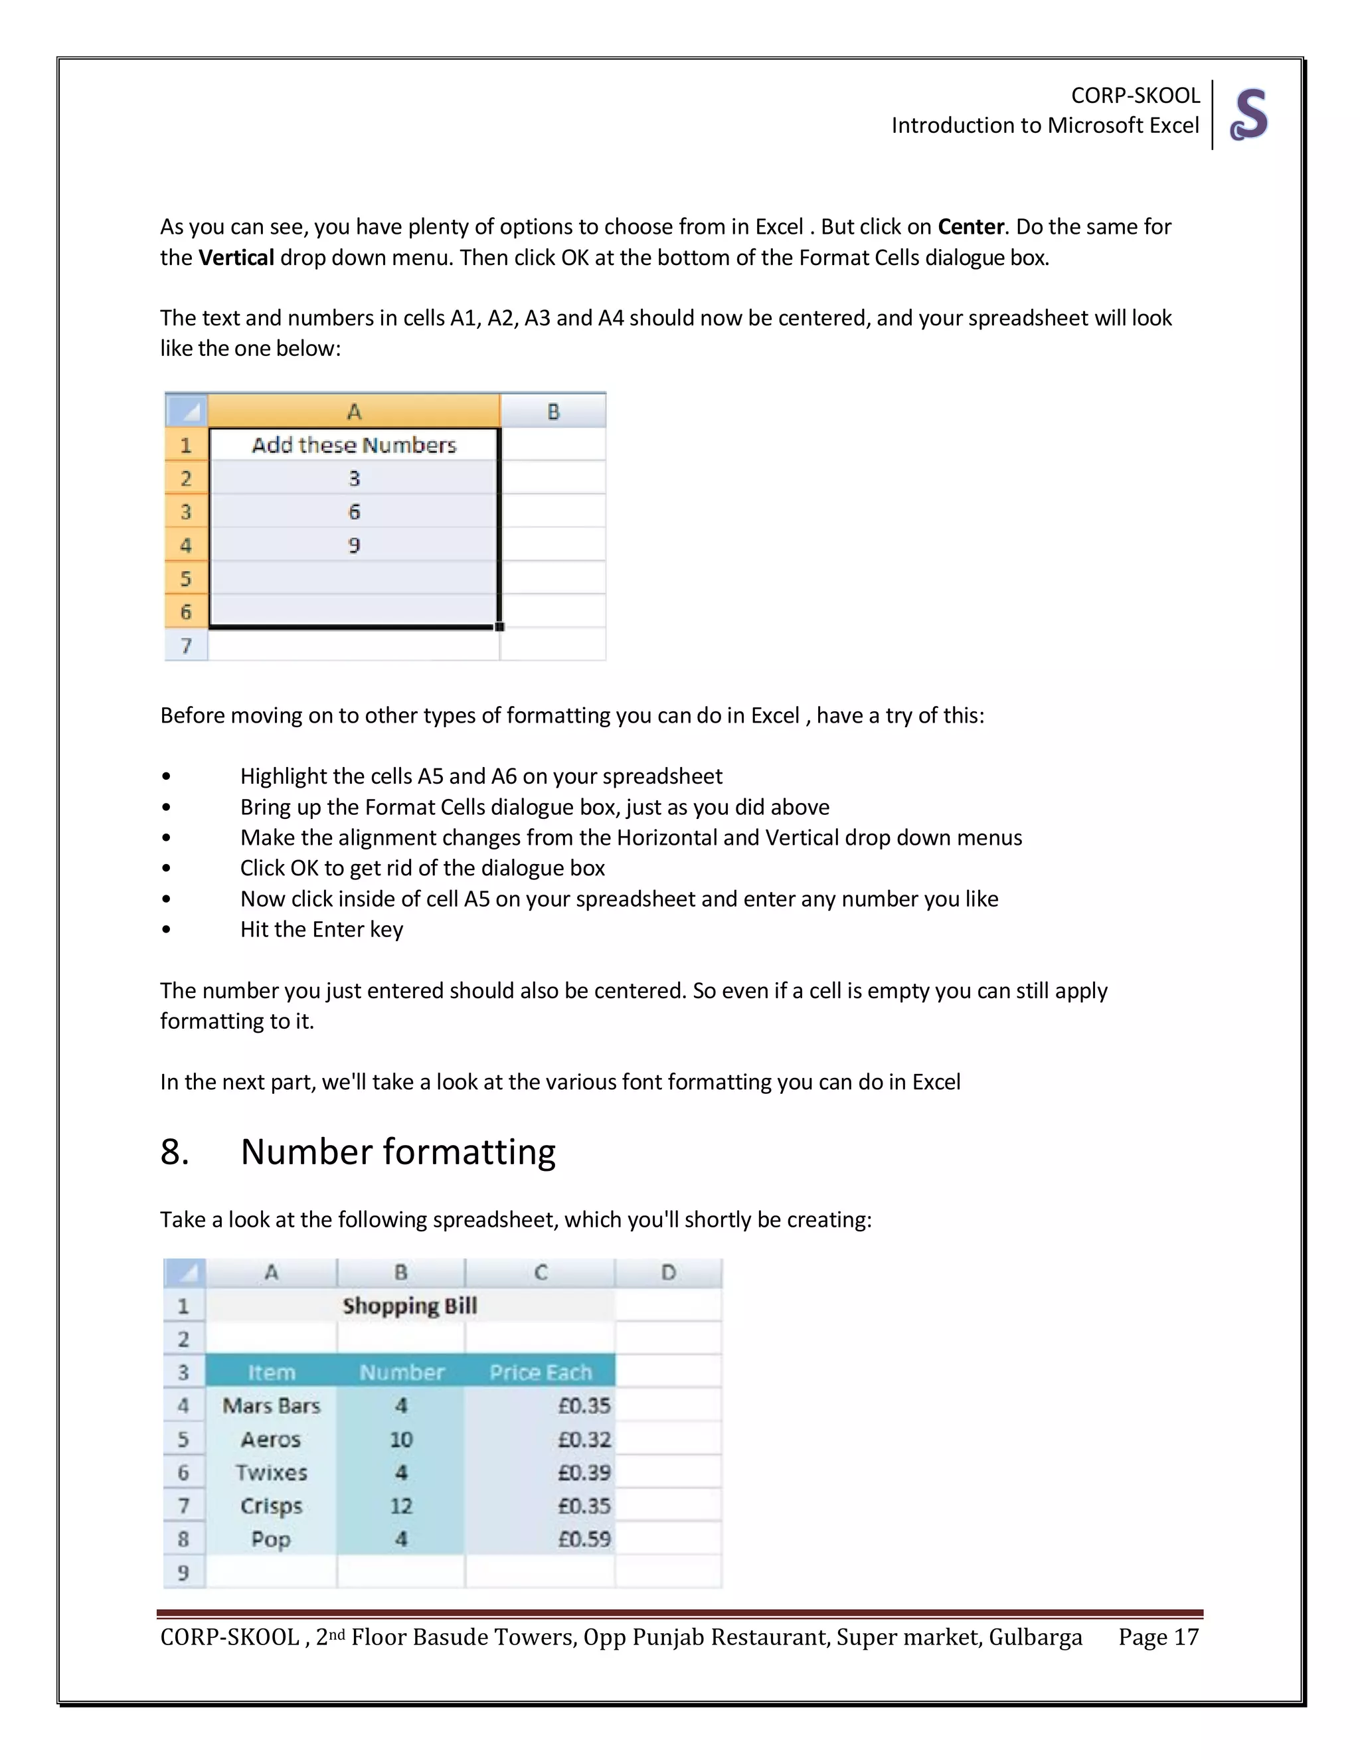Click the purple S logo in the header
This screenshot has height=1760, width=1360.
click(1249, 114)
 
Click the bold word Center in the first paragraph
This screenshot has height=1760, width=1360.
click(970, 226)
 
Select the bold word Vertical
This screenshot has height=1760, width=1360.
click(236, 258)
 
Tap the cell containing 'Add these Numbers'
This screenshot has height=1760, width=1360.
click(354, 445)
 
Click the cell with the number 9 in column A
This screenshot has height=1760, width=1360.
click(354, 545)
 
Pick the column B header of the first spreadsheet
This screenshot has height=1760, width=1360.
click(552, 412)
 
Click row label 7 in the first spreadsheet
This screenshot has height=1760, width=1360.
click(186, 646)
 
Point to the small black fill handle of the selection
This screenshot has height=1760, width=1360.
click(499, 626)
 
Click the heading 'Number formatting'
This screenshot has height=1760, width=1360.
click(398, 1152)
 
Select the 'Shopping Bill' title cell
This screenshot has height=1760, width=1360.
click(409, 1306)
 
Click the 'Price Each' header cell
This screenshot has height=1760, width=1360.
click(540, 1371)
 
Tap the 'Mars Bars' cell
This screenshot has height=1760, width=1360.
click(272, 1405)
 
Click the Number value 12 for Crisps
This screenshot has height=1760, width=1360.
click(401, 1506)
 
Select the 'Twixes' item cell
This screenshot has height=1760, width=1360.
click(272, 1472)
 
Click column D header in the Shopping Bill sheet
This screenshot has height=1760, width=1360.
click(668, 1273)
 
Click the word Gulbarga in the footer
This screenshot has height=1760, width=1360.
click(1035, 1636)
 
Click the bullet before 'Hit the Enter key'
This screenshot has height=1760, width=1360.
click(166, 930)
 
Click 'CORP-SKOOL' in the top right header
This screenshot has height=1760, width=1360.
click(1134, 95)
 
